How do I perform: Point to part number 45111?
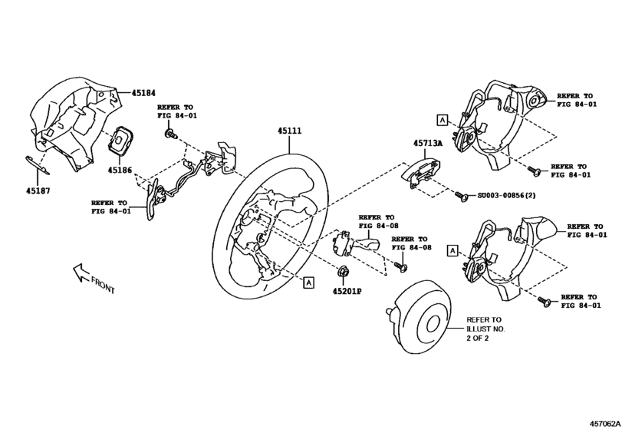289,131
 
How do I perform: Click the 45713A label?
427,143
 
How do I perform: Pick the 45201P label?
347,292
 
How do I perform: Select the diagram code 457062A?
604,422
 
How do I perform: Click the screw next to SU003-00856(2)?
460,197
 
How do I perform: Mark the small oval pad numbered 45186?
121,141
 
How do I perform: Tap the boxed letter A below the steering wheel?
308,283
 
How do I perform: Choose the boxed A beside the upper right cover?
442,119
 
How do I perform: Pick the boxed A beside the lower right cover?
453,250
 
